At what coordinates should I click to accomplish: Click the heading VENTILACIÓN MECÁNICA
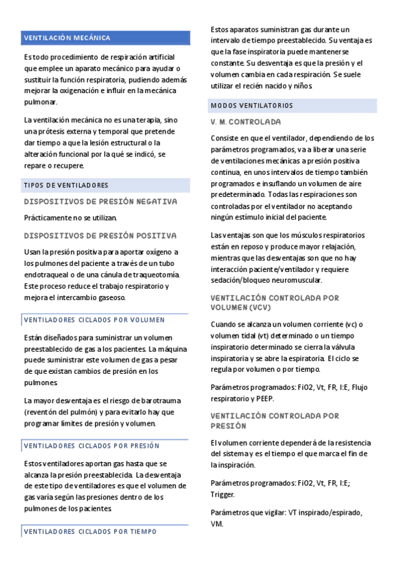pyautogui.click(x=67, y=38)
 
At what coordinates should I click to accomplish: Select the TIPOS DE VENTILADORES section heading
pyautogui.click(x=66, y=185)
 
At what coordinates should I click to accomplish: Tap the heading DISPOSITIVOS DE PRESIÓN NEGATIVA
pyautogui.click(x=100, y=201)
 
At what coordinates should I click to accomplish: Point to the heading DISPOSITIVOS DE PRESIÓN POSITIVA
pyautogui.click(x=100, y=235)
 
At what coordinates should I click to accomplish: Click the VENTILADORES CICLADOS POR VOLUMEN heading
pyautogui.click(x=94, y=320)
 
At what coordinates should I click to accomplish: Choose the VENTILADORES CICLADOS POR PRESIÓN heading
pyautogui.click(x=92, y=446)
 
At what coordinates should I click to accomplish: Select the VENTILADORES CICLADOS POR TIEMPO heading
pyautogui.click(x=90, y=531)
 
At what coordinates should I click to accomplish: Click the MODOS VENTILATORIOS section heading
pyautogui.click(x=251, y=106)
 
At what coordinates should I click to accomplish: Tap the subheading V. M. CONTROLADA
pyautogui.click(x=245, y=122)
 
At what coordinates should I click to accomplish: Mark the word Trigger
pyautogui.click(x=223, y=494)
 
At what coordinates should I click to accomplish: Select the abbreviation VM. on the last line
pyautogui.click(x=217, y=523)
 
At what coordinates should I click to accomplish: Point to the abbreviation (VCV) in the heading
pyautogui.click(x=256, y=308)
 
